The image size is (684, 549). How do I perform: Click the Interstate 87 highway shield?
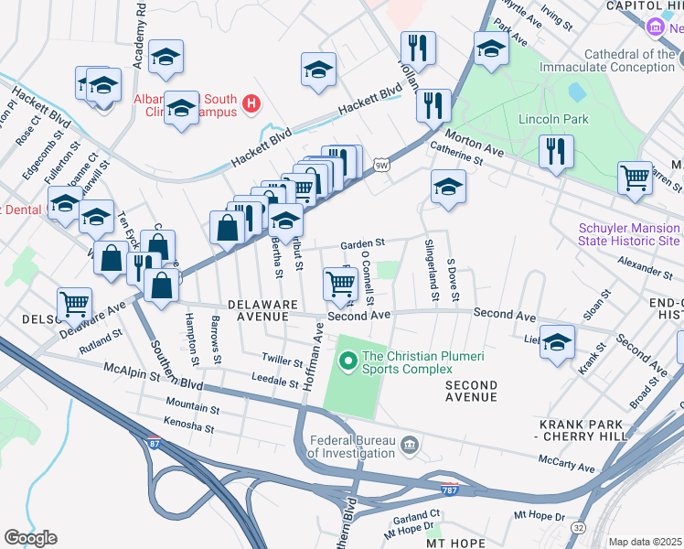pyautogui.click(x=154, y=443)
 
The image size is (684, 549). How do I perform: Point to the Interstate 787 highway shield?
pyautogui.click(x=449, y=490)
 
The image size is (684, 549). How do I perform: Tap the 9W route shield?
pyautogui.click(x=381, y=164)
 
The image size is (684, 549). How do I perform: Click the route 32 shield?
pyautogui.click(x=579, y=528)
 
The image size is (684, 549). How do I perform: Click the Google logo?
pyautogui.click(x=30, y=538)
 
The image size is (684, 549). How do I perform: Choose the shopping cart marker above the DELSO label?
pyautogui.click(x=74, y=303)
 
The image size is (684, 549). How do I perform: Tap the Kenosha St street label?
pyautogui.click(x=188, y=426)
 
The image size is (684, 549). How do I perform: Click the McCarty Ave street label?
pyautogui.click(x=566, y=463)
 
